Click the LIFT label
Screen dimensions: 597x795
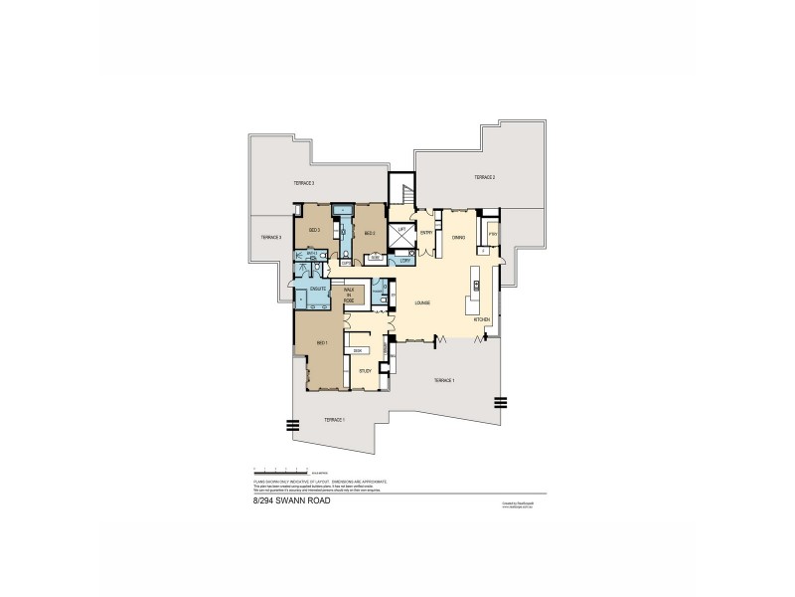pos(401,230)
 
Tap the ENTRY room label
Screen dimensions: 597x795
pos(425,233)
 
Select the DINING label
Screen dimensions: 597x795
pos(458,238)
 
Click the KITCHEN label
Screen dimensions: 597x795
pos(481,318)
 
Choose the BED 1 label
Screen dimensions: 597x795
pos(321,342)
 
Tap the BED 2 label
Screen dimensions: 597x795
pos(369,233)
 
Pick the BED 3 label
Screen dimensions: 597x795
pos(313,231)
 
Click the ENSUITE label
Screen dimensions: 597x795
pos(318,290)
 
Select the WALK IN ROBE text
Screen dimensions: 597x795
pos(350,295)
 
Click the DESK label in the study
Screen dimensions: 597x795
pos(358,350)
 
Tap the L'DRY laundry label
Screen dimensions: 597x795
pos(404,261)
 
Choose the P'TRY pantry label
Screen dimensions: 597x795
pos(493,236)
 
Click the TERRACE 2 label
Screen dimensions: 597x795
pos(484,176)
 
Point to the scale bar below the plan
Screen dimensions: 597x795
pos(282,469)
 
